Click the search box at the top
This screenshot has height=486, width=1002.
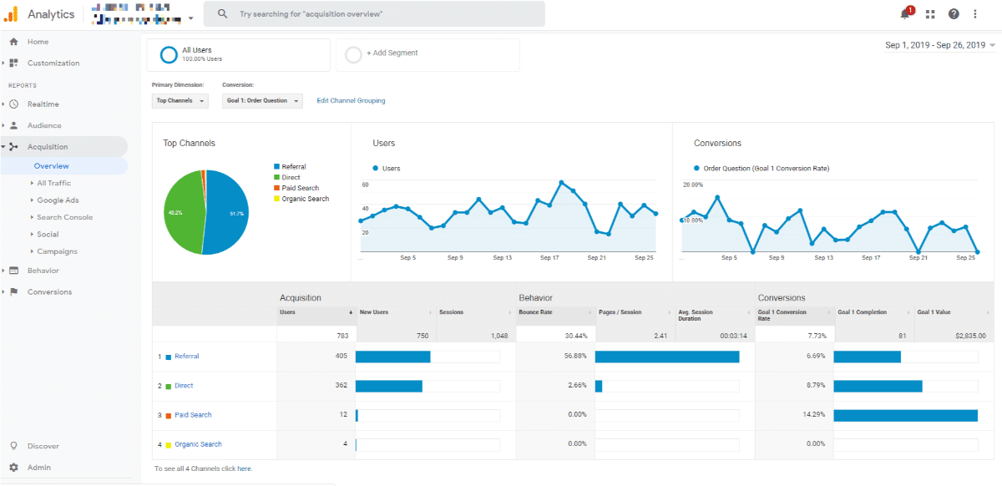(x=376, y=14)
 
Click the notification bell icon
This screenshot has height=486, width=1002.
(x=905, y=14)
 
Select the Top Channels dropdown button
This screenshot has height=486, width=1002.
(x=180, y=101)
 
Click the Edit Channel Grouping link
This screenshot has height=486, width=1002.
(x=351, y=101)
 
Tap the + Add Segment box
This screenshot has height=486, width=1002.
(x=428, y=53)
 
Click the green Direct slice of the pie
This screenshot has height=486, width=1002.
(x=185, y=213)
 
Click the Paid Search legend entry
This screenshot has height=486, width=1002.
(x=301, y=189)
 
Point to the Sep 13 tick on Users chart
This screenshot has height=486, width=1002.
(x=502, y=258)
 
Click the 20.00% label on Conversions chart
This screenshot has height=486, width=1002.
(x=693, y=185)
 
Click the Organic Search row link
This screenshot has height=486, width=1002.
(x=198, y=444)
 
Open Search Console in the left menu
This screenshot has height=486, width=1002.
(x=64, y=217)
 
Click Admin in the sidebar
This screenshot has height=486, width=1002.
(x=38, y=468)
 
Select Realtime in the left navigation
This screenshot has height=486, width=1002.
(x=43, y=104)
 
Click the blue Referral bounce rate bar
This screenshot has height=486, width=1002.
(x=666, y=357)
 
